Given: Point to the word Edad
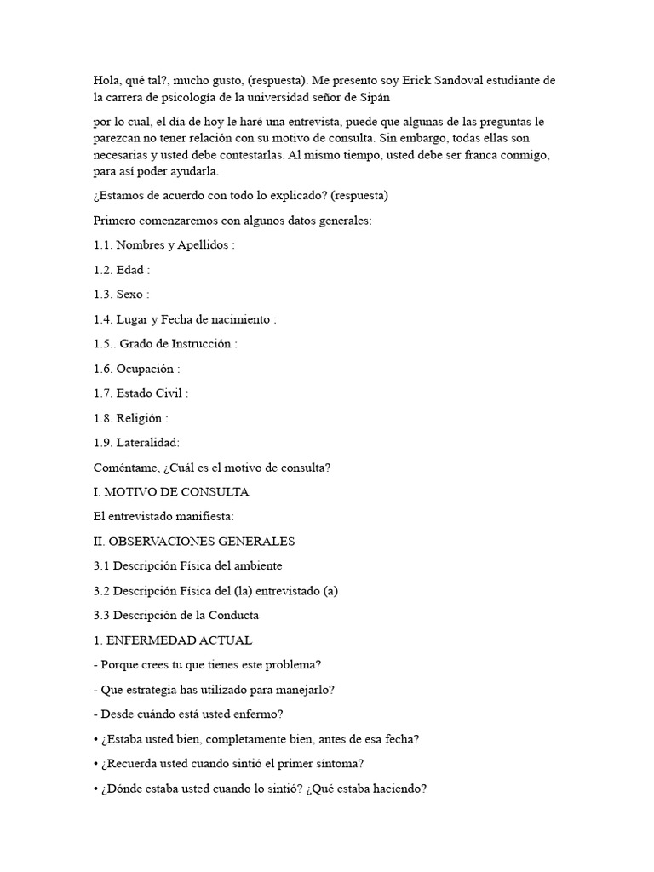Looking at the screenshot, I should [x=131, y=270].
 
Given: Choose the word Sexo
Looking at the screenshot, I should [x=130, y=295].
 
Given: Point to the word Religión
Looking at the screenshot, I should [x=140, y=418].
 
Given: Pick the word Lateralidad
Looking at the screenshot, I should [x=147, y=443].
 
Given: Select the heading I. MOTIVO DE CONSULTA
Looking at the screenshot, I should [x=171, y=492].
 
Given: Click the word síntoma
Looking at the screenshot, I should [x=342, y=764].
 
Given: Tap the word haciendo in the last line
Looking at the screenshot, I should [x=395, y=789].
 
